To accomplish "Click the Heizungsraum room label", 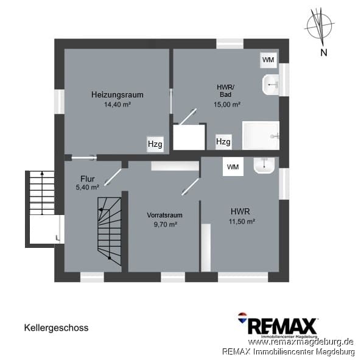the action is (x=117, y=94).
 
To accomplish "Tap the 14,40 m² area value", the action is (x=117, y=105).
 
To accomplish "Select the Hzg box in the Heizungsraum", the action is (x=155, y=144).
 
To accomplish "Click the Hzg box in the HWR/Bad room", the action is (x=223, y=141).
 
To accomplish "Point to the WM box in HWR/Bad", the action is (x=268, y=60).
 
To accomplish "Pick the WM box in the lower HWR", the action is (x=233, y=167).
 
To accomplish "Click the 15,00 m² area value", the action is (x=227, y=105).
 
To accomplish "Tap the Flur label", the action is (x=88, y=179).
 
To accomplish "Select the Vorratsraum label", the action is (x=164, y=215).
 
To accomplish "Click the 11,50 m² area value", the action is (x=242, y=222).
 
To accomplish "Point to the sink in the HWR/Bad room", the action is (x=270, y=85).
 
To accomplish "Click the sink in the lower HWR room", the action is (x=264, y=165).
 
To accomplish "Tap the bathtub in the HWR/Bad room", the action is (x=261, y=136).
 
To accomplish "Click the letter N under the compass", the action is (x=324, y=53).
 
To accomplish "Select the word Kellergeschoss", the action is (x=56, y=328).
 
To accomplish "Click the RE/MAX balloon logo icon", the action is (x=242, y=317).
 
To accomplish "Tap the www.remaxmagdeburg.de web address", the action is (x=301, y=342).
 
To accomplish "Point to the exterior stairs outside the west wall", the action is (x=42, y=192).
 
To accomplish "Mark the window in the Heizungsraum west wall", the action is (x=60, y=102).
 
